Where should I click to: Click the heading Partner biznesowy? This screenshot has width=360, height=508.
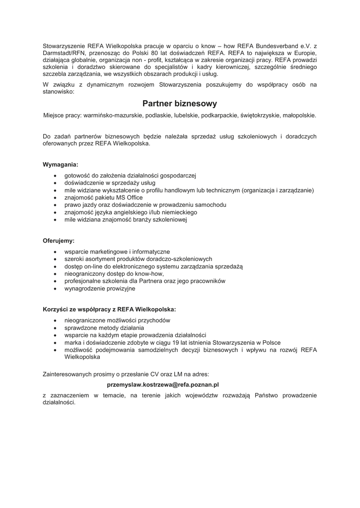(x=180, y=104)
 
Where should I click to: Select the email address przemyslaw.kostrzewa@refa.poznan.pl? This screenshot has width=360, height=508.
(x=163, y=384)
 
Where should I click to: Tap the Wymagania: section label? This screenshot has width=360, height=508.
(x=61, y=164)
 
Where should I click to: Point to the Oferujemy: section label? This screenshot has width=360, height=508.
(x=59, y=241)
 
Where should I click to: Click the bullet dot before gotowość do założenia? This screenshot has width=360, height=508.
(x=54, y=176)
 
